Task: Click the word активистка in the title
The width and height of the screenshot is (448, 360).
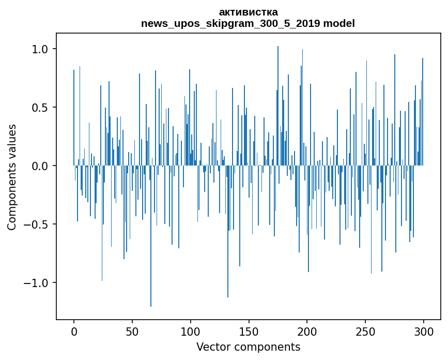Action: [248, 12]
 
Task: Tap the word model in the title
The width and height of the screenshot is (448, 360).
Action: [341, 23]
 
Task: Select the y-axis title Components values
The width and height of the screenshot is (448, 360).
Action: [12, 177]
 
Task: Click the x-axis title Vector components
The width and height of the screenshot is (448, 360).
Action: [248, 347]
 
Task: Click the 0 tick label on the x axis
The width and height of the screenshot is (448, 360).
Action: [74, 332]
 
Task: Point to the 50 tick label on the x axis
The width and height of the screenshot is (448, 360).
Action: [132, 332]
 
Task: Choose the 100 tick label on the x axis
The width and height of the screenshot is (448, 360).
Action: [191, 332]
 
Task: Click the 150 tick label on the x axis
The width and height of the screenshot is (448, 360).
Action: [249, 332]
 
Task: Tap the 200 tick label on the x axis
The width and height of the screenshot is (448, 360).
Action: [307, 332]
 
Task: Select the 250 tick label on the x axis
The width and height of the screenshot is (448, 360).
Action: [366, 332]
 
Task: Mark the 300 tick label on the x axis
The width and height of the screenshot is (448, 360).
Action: [424, 332]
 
